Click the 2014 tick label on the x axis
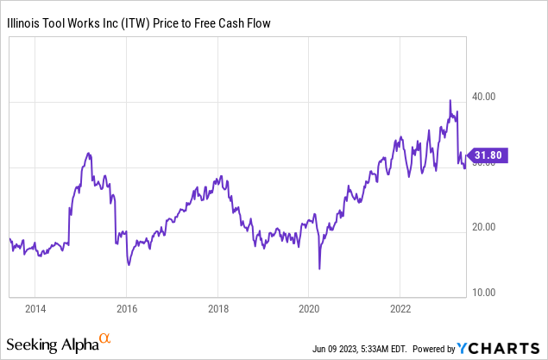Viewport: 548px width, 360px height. tap(35, 309)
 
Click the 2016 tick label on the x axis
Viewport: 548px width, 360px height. tap(127, 309)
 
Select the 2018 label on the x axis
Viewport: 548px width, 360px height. tap(217, 309)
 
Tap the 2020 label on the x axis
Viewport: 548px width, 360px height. tap(309, 309)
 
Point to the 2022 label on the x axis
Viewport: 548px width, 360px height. tap(400, 309)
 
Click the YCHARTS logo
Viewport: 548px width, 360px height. tap(499, 349)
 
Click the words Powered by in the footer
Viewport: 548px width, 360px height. tap(433, 350)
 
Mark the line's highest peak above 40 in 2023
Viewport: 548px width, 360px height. tap(450, 100)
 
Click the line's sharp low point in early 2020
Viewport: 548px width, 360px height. tap(319, 269)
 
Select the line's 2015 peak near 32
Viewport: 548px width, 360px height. tap(88, 154)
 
